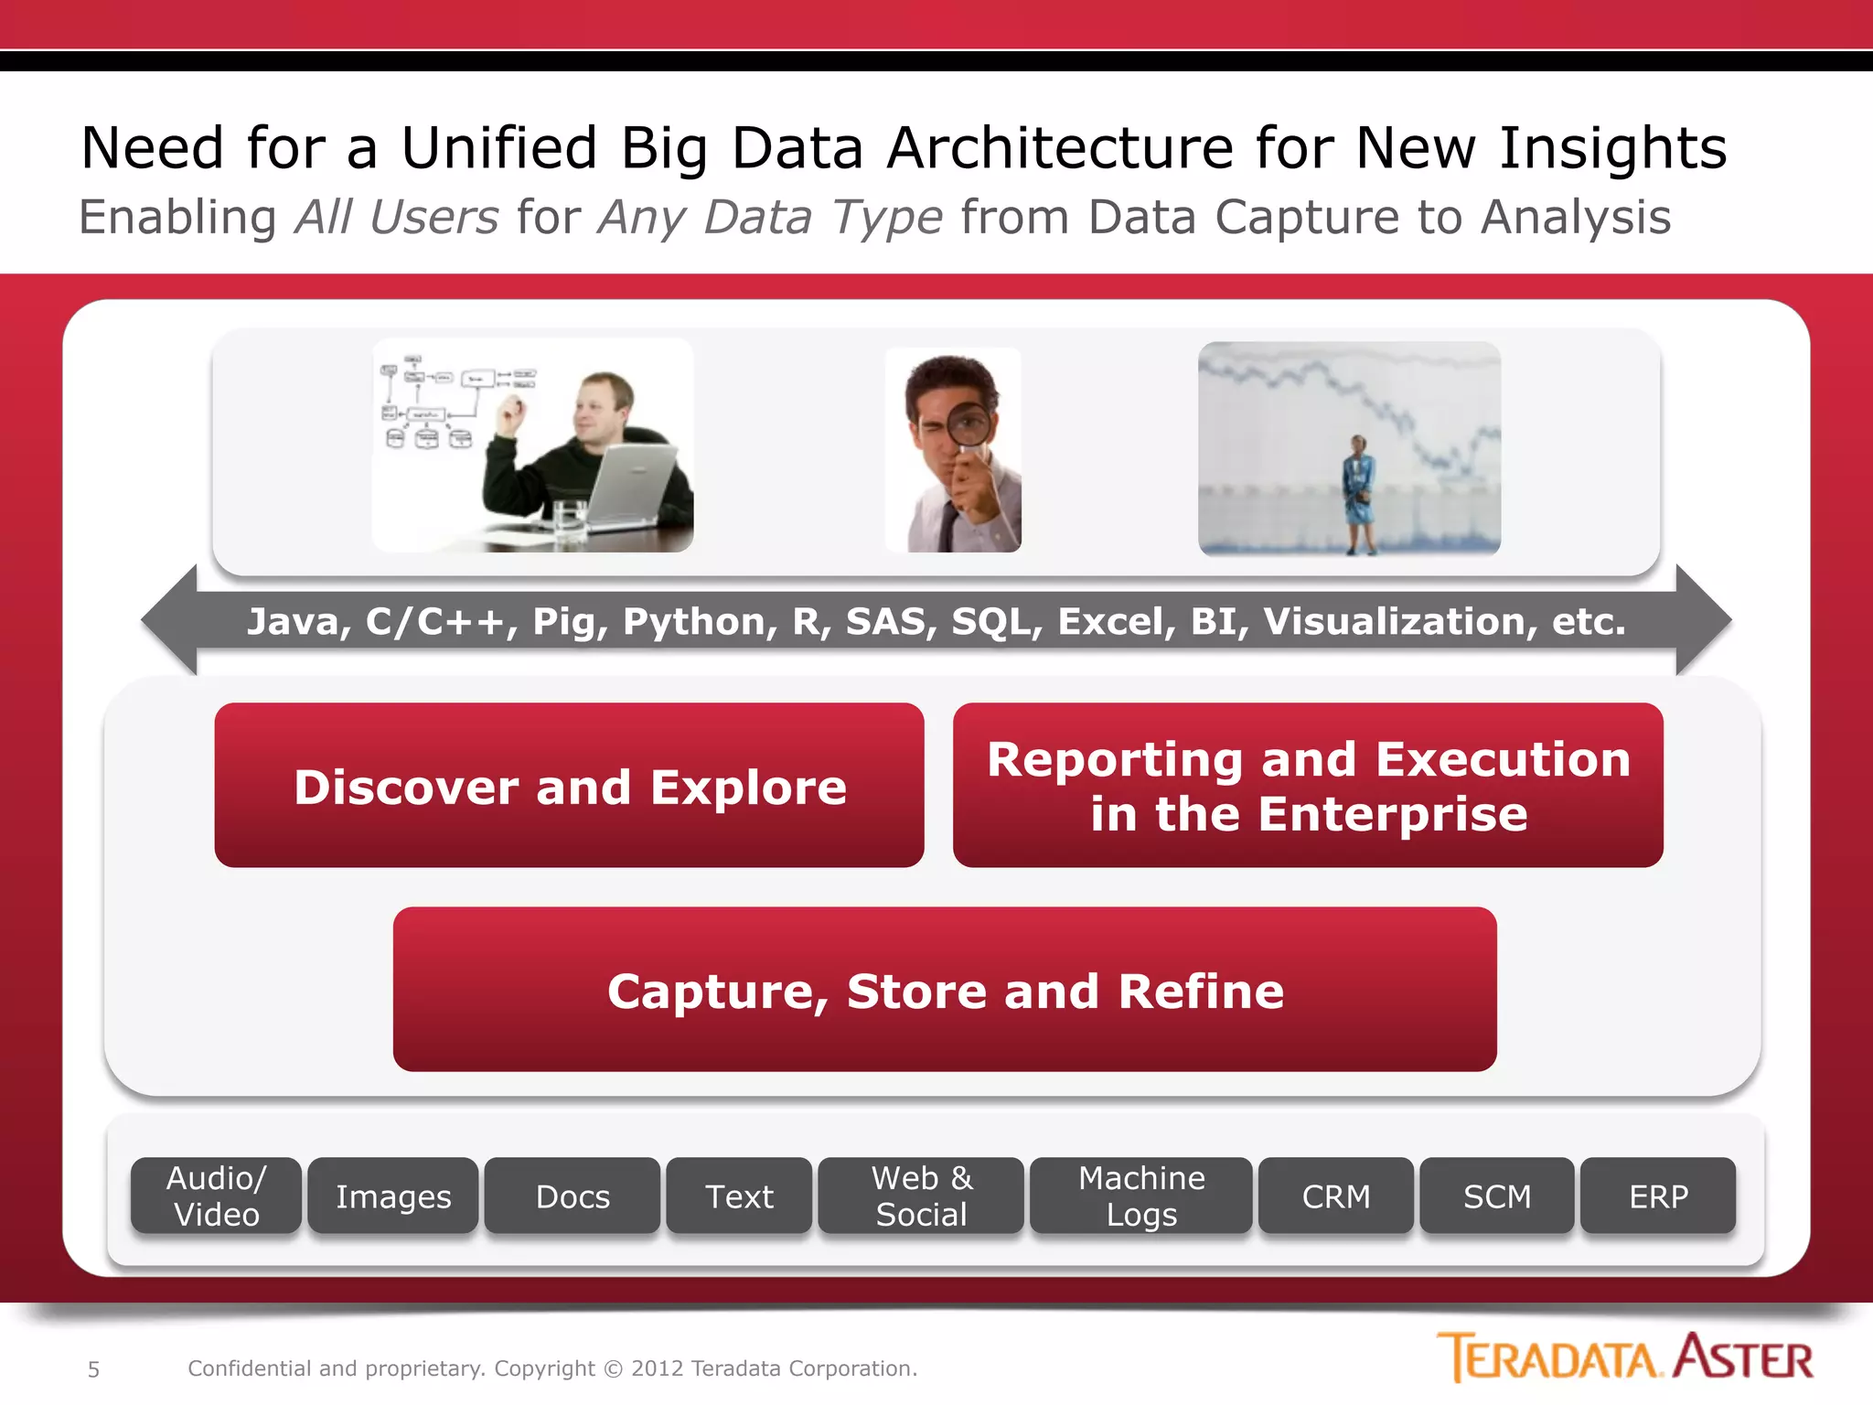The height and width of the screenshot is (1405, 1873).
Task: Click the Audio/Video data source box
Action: pos(216,1196)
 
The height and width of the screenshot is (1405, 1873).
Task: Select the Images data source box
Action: pos(393,1196)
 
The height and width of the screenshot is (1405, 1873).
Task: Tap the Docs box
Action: pos(573,1196)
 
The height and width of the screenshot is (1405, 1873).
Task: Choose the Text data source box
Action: pos(739,1196)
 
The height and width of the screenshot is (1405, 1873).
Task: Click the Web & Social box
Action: pos(921,1196)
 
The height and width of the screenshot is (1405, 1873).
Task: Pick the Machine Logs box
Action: pos(1140,1196)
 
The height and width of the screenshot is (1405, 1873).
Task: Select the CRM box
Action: pos(1336,1196)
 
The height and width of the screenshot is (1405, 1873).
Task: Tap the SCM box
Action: pos(1497,1196)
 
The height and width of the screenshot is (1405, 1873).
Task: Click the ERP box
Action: pos(1658,1196)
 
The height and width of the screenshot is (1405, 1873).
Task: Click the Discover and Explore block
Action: pos(569,785)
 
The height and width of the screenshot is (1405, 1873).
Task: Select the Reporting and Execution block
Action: pos(1308,785)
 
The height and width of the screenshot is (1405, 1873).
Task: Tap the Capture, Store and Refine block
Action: pos(945,989)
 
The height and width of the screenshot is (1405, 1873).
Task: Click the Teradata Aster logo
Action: pos(1624,1357)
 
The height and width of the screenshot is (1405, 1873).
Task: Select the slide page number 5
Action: pos(93,1369)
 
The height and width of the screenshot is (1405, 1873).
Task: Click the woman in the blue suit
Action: pos(1358,494)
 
